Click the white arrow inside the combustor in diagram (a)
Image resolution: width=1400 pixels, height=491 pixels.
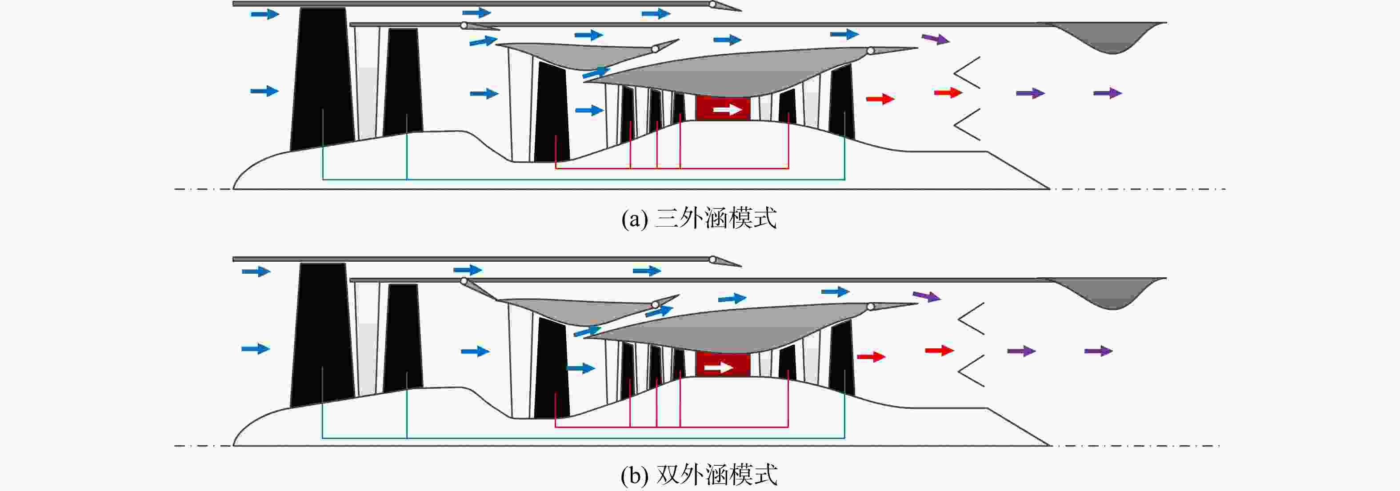click(x=727, y=110)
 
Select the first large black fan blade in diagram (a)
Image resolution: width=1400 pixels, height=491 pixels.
click(x=323, y=79)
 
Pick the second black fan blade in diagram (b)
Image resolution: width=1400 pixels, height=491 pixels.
click(x=403, y=337)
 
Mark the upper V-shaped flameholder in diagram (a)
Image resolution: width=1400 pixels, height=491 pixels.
click(x=967, y=72)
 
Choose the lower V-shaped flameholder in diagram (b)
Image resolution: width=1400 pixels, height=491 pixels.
click(x=971, y=371)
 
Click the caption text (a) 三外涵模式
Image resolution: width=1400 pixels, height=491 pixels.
click(x=699, y=218)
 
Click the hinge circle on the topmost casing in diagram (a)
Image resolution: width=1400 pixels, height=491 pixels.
click(x=712, y=4)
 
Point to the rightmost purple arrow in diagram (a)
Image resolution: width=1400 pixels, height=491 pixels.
click(x=1108, y=93)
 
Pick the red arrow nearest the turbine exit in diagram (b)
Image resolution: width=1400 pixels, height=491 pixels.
click(x=871, y=356)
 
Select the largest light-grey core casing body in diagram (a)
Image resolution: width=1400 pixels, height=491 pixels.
click(x=750, y=71)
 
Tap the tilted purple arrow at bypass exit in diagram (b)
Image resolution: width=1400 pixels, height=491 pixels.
click(x=927, y=296)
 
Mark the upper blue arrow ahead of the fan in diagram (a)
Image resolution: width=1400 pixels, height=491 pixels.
click(x=265, y=14)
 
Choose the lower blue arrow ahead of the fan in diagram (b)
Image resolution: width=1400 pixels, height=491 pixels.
click(x=256, y=348)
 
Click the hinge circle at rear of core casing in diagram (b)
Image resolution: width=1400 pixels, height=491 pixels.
click(x=871, y=307)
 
